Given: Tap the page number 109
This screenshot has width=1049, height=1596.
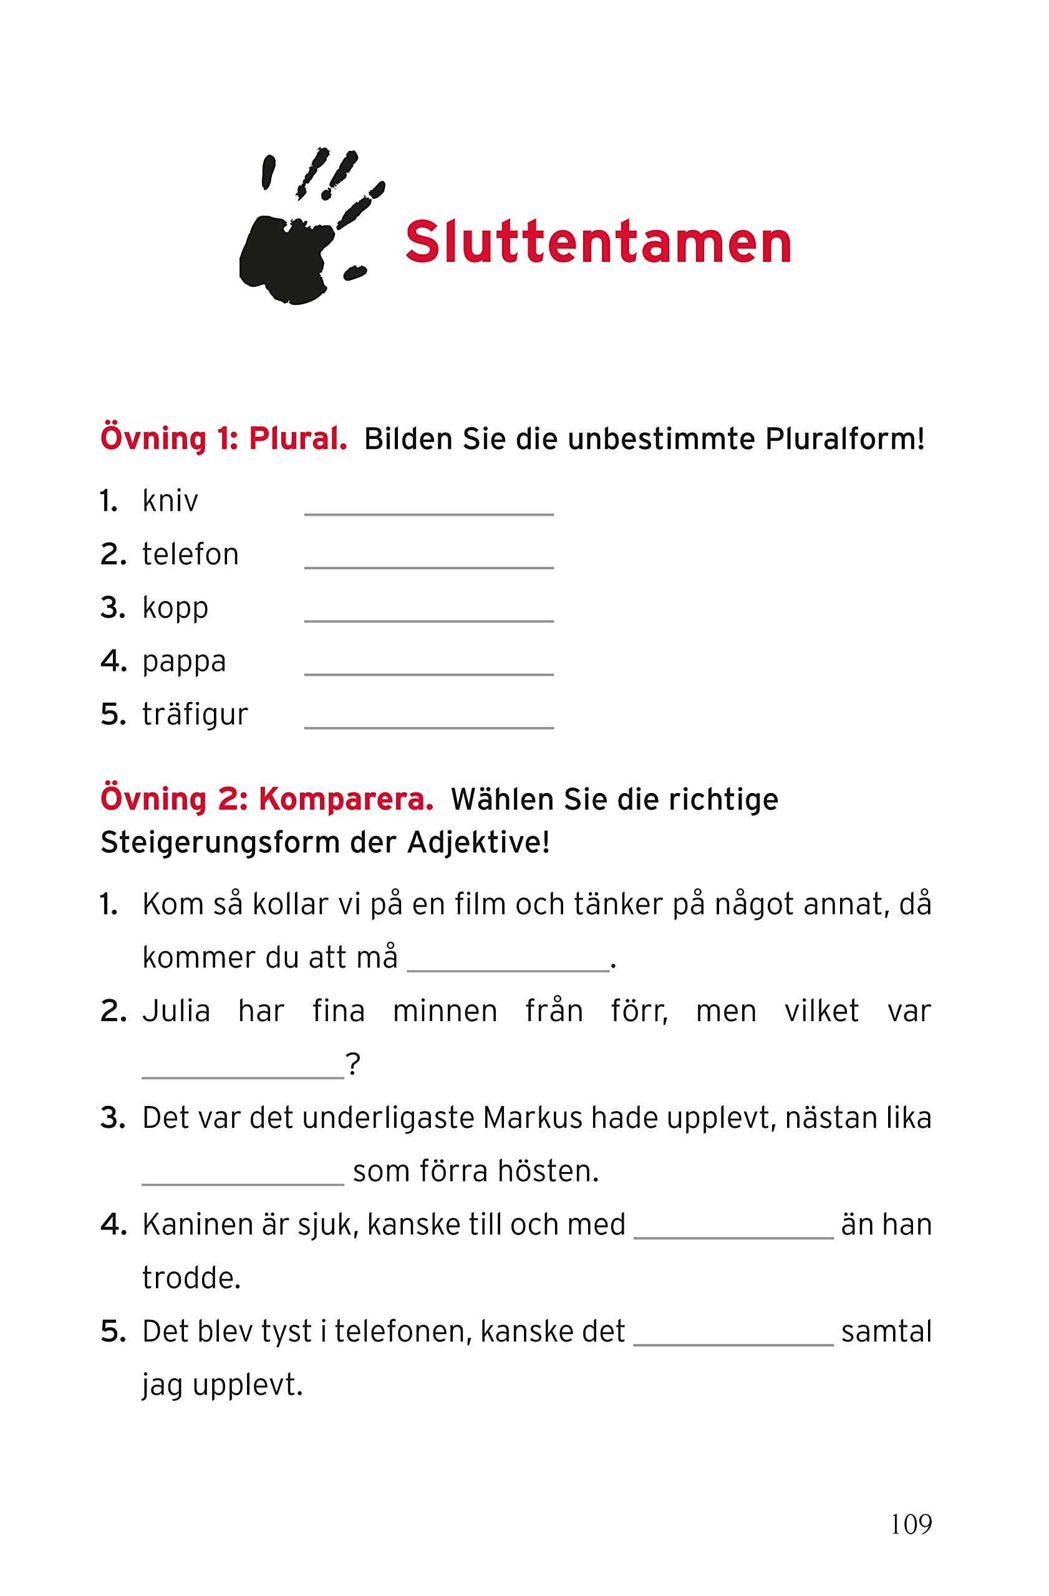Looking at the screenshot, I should [x=910, y=1524].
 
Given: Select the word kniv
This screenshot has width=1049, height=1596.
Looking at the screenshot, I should [x=170, y=501].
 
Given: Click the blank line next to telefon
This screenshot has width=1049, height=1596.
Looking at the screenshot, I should [x=428, y=560].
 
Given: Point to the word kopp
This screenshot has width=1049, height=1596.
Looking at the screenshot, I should [x=175, y=608].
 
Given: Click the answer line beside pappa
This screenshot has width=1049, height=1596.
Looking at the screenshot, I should [x=428, y=666].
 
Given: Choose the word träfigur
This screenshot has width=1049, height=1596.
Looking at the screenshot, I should [x=195, y=714].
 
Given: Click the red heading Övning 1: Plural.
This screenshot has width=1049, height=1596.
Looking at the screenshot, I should [x=223, y=438].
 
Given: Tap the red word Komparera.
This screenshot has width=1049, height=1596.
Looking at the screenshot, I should [x=346, y=799].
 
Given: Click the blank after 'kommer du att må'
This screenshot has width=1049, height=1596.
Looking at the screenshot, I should [x=508, y=963].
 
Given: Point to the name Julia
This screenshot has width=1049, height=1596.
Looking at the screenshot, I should [x=176, y=1011].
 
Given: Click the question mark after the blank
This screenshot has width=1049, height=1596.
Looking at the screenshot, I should [x=353, y=1064].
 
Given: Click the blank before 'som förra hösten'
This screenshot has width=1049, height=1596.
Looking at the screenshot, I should [x=243, y=1177].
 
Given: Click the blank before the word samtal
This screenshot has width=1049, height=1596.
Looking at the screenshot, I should [x=733, y=1337].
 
